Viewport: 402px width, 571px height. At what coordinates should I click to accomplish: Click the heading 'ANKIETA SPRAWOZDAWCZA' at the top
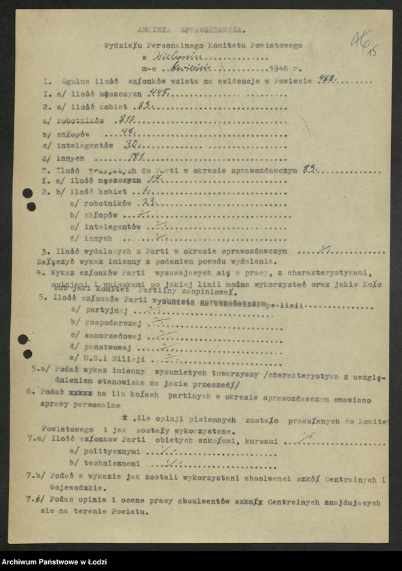191,31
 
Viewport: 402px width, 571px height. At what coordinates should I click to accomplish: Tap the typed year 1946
279,69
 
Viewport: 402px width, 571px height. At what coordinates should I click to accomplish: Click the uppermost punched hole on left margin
28,193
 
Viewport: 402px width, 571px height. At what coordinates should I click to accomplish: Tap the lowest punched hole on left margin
28,353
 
